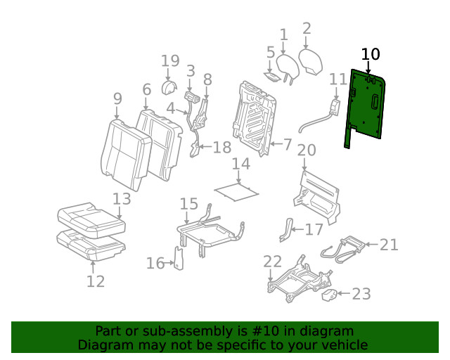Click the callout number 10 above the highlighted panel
[x=370, y=54]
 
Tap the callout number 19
[x=170, y=61]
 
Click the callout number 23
[x=361, y=294]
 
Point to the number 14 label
[x=241, y=165]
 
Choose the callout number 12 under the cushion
[x=96, y=281]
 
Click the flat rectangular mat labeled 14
[x=235, y=188]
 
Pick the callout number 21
[x=389, y=245]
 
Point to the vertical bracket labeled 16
[x=179, y=258]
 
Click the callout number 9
[x=117, y=98]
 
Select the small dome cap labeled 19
[x=169, y=88]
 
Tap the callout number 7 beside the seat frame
[x=287, y=144]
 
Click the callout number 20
[x=307, y=150]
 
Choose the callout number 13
[x=122, y=200]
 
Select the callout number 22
[x=272, y=262]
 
